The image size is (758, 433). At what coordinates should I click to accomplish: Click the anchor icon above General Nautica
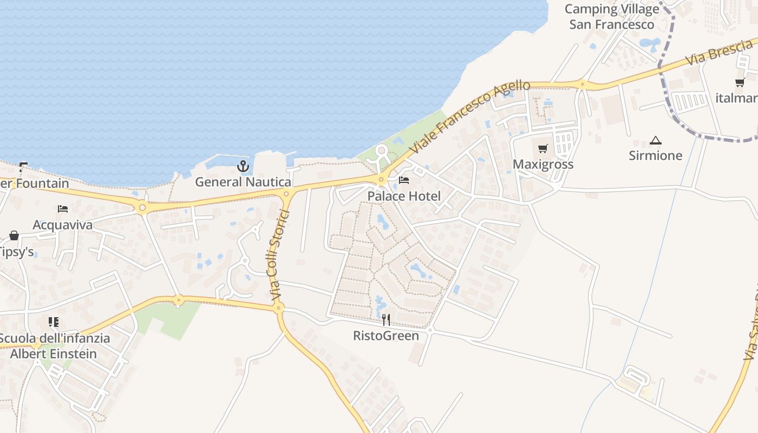243,166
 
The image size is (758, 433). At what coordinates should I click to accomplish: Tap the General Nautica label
243,182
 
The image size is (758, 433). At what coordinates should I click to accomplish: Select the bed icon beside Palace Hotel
404,180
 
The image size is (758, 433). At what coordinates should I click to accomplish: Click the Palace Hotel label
404,196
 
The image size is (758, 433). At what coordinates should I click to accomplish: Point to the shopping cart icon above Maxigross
543,148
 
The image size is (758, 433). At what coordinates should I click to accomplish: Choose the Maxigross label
543,164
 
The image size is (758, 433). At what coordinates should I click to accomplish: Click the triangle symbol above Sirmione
656,140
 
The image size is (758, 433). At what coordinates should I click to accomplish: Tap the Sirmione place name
656,155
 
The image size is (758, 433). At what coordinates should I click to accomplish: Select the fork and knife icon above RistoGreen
386,320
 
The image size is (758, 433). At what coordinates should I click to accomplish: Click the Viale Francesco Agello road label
469,117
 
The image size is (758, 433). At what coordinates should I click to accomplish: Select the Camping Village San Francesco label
612,17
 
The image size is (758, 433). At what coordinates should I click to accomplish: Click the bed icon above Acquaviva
63,209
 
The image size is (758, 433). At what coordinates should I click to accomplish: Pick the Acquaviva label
63,225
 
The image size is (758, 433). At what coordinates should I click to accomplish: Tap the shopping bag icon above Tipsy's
14,235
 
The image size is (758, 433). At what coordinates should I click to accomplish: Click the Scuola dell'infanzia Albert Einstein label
54,346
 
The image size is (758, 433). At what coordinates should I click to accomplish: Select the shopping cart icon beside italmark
740,83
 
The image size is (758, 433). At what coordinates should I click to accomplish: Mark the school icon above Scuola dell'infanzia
54,323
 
